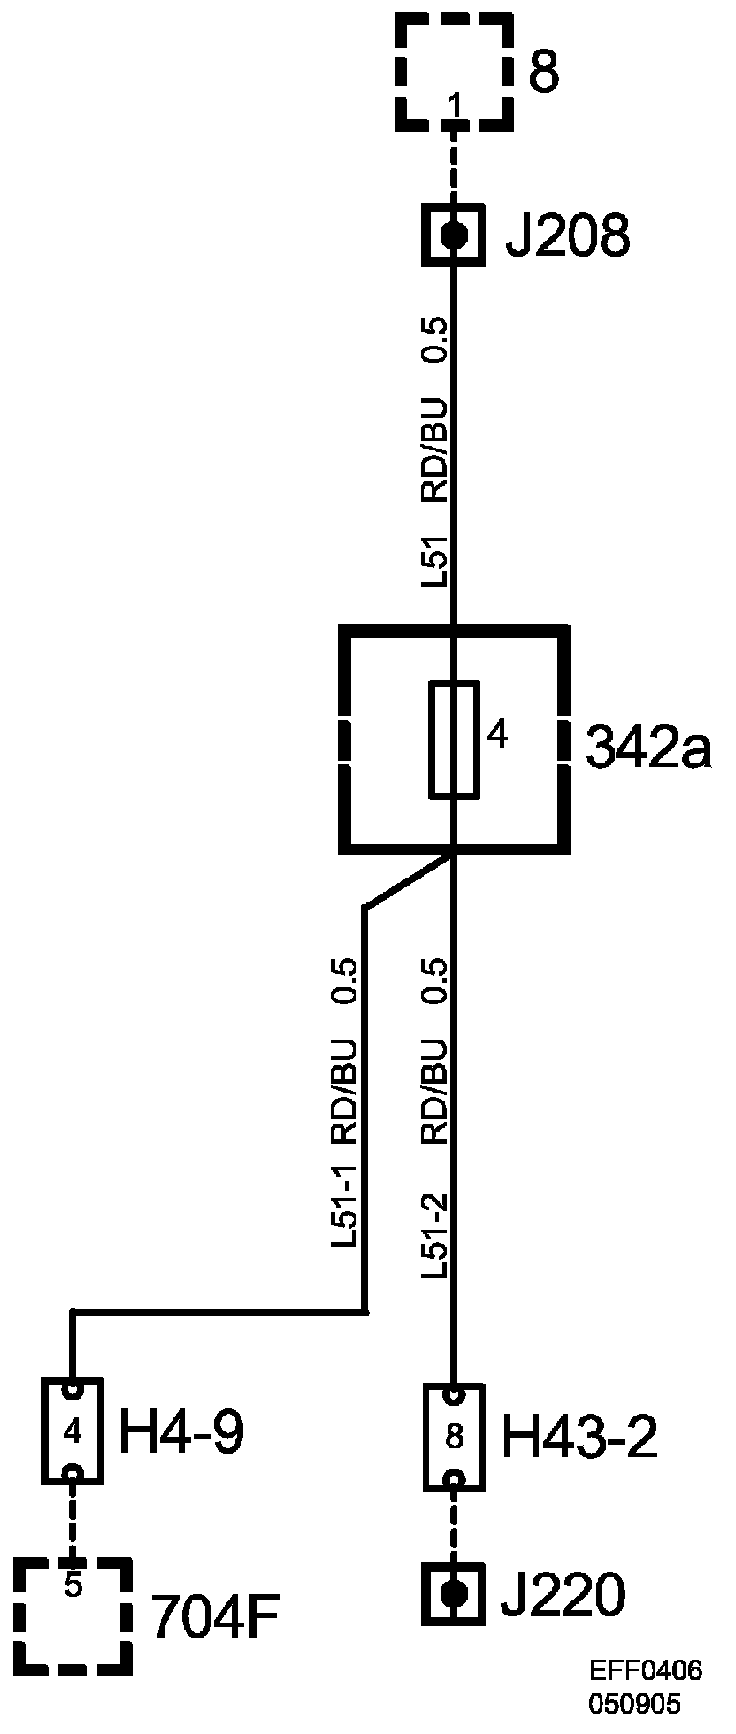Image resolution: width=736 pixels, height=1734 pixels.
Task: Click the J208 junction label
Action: pyautogui.click(x=567, y=237)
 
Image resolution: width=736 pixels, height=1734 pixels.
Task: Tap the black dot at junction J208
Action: pyautogui.click(x=454, y=234)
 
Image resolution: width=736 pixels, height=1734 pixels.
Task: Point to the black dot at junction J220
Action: pyautogui.click(x=454, y=1595)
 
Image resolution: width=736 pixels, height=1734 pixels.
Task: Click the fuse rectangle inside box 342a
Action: pyautogui.click(x=454, y=740)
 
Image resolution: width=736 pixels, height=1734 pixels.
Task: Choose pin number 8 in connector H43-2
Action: pyautogui.click(x=454, y=1439)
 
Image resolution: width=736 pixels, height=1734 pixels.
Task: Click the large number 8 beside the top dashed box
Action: pyautogui.click(x=544, y=73)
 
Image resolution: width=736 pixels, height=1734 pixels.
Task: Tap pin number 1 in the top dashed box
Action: pyautogui.click(x=455, y=107)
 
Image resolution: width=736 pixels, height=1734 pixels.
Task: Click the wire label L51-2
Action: pyautogui.click(x=435, y=1238)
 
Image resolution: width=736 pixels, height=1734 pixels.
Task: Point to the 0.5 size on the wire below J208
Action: pyautogui.click(x=435, y=340)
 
